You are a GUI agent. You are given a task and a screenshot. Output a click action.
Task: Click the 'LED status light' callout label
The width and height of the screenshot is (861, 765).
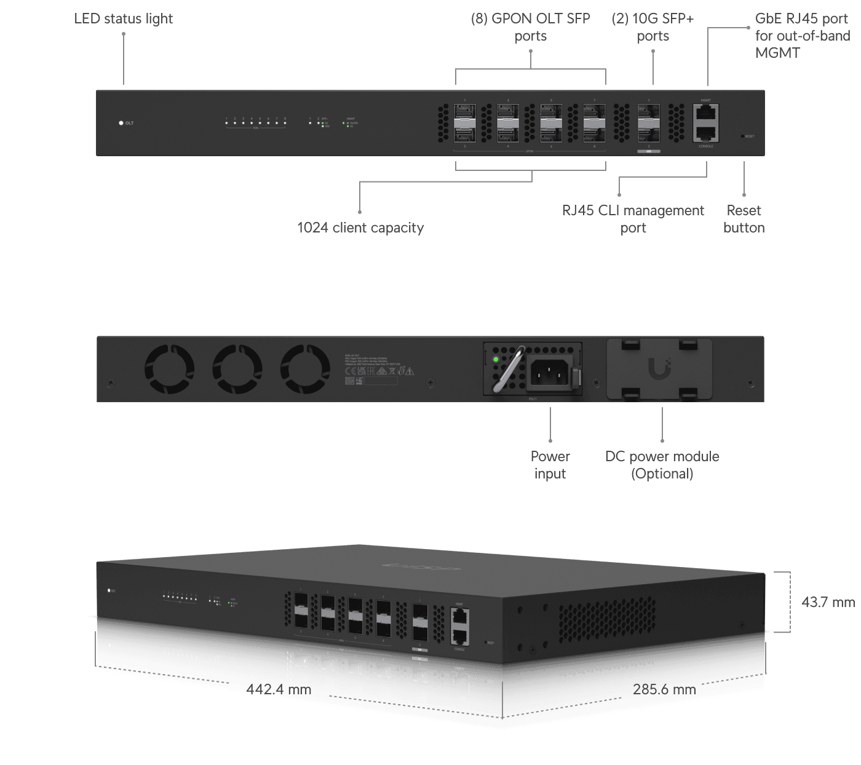pyautogui.click(x=123, y=19)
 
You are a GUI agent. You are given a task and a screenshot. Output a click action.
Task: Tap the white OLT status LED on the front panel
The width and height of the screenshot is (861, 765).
pyautogui.click(x=121, y=123)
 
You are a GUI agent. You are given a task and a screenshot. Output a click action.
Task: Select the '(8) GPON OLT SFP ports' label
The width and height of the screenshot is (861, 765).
pyautogui.click(x=530, y=27)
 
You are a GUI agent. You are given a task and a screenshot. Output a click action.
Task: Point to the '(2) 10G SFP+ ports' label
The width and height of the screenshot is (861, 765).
pyautogui.click(x=653, y=27)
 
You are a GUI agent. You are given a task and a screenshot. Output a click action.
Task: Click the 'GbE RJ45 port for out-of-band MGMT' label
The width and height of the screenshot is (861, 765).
pyautogui.click(x=802, y=36)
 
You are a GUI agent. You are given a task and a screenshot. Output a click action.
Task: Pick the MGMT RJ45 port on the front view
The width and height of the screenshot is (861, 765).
pyautogui.click(x=705, y=112)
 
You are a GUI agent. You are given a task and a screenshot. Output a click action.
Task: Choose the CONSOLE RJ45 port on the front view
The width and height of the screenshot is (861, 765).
pyautogui.click(x=705, y=133)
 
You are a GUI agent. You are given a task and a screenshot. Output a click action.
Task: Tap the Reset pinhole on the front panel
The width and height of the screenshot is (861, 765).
pyautogui.click(x=743, y=136)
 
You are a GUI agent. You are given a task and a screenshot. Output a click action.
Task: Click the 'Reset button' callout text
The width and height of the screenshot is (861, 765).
pyautogui.click(x=744, y=219)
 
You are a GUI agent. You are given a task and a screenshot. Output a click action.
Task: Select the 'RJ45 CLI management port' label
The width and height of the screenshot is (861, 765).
pyautogui.click(x=633, y=219)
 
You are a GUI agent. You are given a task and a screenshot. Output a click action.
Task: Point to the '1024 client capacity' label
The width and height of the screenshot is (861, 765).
pyautogui.click(x=360, y=228)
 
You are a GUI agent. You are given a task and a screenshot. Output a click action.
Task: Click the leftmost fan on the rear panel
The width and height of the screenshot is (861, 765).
pyautogui.click(x=169, y=369)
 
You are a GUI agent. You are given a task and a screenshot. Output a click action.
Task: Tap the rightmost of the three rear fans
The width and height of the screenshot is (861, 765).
pyautogui.click(x=305, y=369)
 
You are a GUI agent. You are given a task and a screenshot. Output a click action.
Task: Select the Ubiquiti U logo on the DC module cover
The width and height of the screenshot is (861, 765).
pyautogui.click(x=659, y=369)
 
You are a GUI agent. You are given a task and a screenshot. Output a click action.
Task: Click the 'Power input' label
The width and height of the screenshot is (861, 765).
pyautogui.click(x=550, y=465)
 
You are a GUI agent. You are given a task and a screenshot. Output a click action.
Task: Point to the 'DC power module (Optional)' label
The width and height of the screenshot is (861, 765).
pyautogui.click(x=662, y=465)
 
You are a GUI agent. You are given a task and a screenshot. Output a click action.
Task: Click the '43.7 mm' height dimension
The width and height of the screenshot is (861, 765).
pyautogui.click(x=828, y=602)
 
